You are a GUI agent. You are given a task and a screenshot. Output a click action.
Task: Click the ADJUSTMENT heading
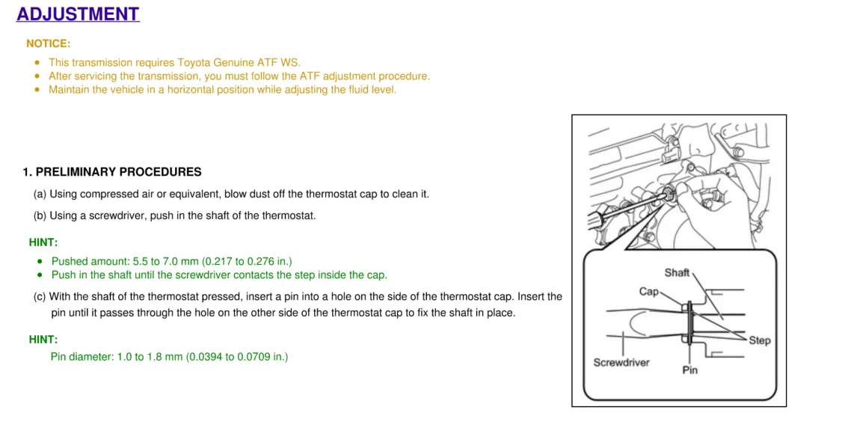(x=78, y=13)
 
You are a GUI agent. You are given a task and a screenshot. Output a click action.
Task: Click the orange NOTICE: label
(x=49, y=43)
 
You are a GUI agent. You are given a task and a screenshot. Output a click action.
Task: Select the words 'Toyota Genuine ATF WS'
(x=238, y=62)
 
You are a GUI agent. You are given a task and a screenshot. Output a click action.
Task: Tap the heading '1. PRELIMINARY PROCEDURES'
(x=112, y=172)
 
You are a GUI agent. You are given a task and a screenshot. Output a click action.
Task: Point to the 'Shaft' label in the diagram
(x=677, y=272)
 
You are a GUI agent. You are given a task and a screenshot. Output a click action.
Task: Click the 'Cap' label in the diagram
(x=648, y=292)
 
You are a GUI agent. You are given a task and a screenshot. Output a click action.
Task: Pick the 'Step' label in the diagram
(x=759, y=340)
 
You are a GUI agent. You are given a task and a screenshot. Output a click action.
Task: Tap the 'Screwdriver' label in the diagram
(x=621, y=362)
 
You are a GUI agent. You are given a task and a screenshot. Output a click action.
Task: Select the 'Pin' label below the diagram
(x=689, y=370)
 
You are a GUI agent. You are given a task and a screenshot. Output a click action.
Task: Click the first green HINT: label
(x=43, y=242)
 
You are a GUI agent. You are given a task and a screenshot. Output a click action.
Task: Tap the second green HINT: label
(x=43, y=340)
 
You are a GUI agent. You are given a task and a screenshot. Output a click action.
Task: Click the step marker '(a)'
(x=40, y=194)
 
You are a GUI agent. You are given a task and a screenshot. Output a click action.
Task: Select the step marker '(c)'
(x=40, y=297)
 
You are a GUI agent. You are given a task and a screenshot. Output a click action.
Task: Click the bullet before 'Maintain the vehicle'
(x=37, y=90)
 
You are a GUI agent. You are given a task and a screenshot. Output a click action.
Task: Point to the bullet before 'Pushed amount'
(x=40, y=262)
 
